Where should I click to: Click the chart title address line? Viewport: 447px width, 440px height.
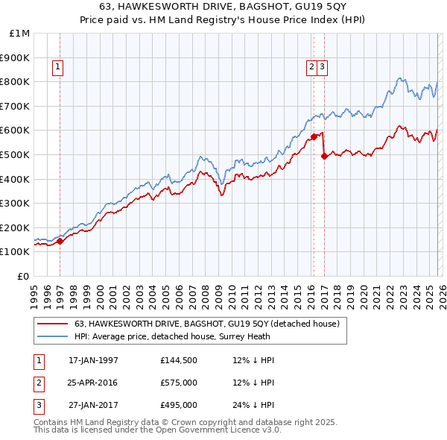pyautogui.click(x=223, y=7)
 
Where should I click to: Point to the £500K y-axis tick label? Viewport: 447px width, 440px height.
pyautogui.click(x=16, y=154)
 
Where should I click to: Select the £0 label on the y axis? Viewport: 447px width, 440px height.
pyautogui.click(x=24, y=276)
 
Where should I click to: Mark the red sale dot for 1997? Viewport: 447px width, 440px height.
pyautogui.click(x=60, y=240)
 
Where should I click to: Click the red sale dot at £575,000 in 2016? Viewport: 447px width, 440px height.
pyautogui.click(x=314, y=136)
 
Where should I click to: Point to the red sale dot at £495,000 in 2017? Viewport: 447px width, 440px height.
pyautogui.click(x=323, y=156)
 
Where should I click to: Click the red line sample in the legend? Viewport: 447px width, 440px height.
pyautogui.click(x=53, y=324)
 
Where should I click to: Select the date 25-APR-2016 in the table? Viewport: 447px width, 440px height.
pyautogui.click(x=93, y=383)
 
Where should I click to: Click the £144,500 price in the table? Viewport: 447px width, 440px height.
pyautogui.click(x=178, y=360)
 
